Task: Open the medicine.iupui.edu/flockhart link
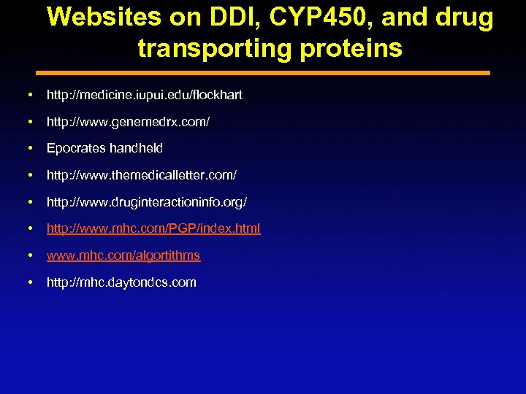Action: click(x=144, y=95)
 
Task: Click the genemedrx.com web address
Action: click(x=128, y=122)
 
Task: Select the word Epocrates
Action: click(x=76, y=148)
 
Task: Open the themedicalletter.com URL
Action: click(x=141, y=175)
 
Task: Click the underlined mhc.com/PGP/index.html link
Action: click(x=153, y=228)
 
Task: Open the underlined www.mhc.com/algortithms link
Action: click(x=123, y=255)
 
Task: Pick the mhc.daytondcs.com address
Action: click(x=121, y=282)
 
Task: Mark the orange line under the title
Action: click(x=263, y=73)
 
